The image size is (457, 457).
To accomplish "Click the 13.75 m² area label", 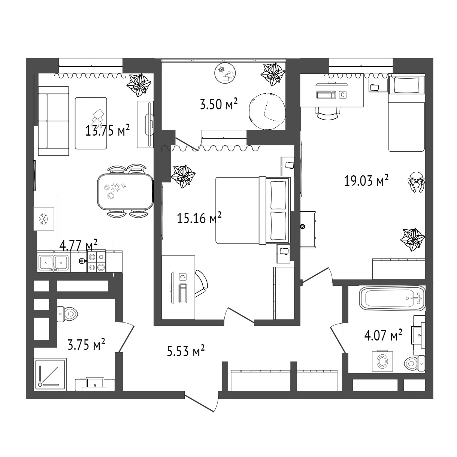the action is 108,130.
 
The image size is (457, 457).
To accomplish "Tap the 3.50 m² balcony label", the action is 219,104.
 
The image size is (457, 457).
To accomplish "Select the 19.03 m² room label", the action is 366,181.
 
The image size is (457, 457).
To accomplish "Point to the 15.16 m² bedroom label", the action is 199,218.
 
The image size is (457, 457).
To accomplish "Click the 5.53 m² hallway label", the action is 186,351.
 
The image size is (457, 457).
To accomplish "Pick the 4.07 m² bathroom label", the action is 383,335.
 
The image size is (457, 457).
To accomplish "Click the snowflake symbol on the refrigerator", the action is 43,219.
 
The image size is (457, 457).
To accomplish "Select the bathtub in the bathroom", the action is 393,298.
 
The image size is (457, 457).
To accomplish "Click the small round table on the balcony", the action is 225,73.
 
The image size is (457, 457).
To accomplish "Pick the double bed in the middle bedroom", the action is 253,210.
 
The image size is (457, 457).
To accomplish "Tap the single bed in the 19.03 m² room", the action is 406,113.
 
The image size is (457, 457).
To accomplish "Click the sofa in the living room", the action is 54,121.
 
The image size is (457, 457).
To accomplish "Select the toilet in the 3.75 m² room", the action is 67,314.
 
